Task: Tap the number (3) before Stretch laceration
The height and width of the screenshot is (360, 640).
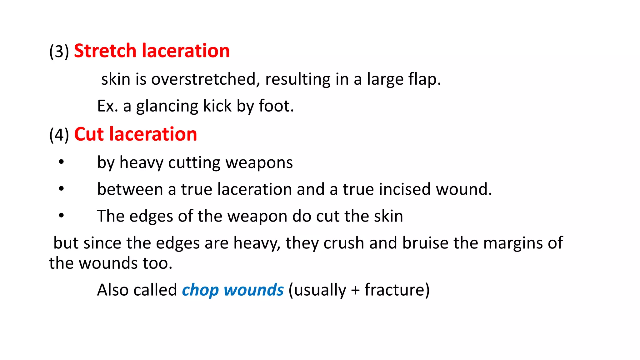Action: click(59, 52)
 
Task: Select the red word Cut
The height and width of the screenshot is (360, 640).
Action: click(89, 134)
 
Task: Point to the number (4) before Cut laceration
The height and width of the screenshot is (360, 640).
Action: click(59, 135)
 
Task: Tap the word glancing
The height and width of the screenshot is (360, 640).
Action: click(167, 106)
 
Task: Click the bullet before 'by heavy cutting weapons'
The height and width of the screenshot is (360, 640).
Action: click(61, 162)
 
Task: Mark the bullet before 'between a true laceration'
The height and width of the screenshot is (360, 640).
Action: click(61, 189)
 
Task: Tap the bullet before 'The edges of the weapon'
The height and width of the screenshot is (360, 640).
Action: click(61, 215)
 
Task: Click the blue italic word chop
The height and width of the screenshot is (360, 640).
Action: click(200, 290)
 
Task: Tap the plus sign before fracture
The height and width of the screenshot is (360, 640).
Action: click(355, 290)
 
